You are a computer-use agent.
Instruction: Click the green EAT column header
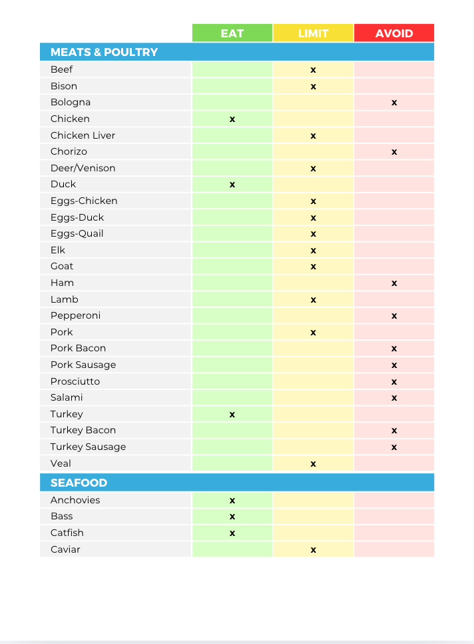(x=232, y=33)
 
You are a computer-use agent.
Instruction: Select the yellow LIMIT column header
(x=313, y=33)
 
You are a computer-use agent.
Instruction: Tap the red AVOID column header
(x=394, y=33)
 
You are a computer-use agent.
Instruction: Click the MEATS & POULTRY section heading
(x=104, y=52)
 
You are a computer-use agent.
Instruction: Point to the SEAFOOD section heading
(x=79, y=483)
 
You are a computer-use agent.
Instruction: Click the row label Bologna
(x=71, y=102)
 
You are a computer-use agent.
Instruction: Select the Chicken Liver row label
(x=83, y=135)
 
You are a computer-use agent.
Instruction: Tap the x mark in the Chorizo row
(x=394, y=152)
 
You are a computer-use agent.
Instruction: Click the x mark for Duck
(x=232, y=185)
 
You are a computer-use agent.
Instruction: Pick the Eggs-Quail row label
(x=77, y=233)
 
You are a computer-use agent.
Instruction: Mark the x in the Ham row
(x=394, y=283)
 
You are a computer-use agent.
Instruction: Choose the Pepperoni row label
(x=75, y=315)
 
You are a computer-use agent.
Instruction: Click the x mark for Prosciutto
(x=394, y=382)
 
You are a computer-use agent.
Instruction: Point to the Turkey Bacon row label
(x=83, y=430)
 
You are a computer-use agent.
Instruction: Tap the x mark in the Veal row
(x=313, y=464)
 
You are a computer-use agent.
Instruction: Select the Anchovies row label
(x=75, y=500)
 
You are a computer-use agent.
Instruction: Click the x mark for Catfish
(x=232, y=533)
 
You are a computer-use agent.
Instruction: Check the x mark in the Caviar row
(x=313, y=550)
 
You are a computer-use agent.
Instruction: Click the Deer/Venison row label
(x=83, y=168)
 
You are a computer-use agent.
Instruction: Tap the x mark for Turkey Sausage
(x=394, y=447)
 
